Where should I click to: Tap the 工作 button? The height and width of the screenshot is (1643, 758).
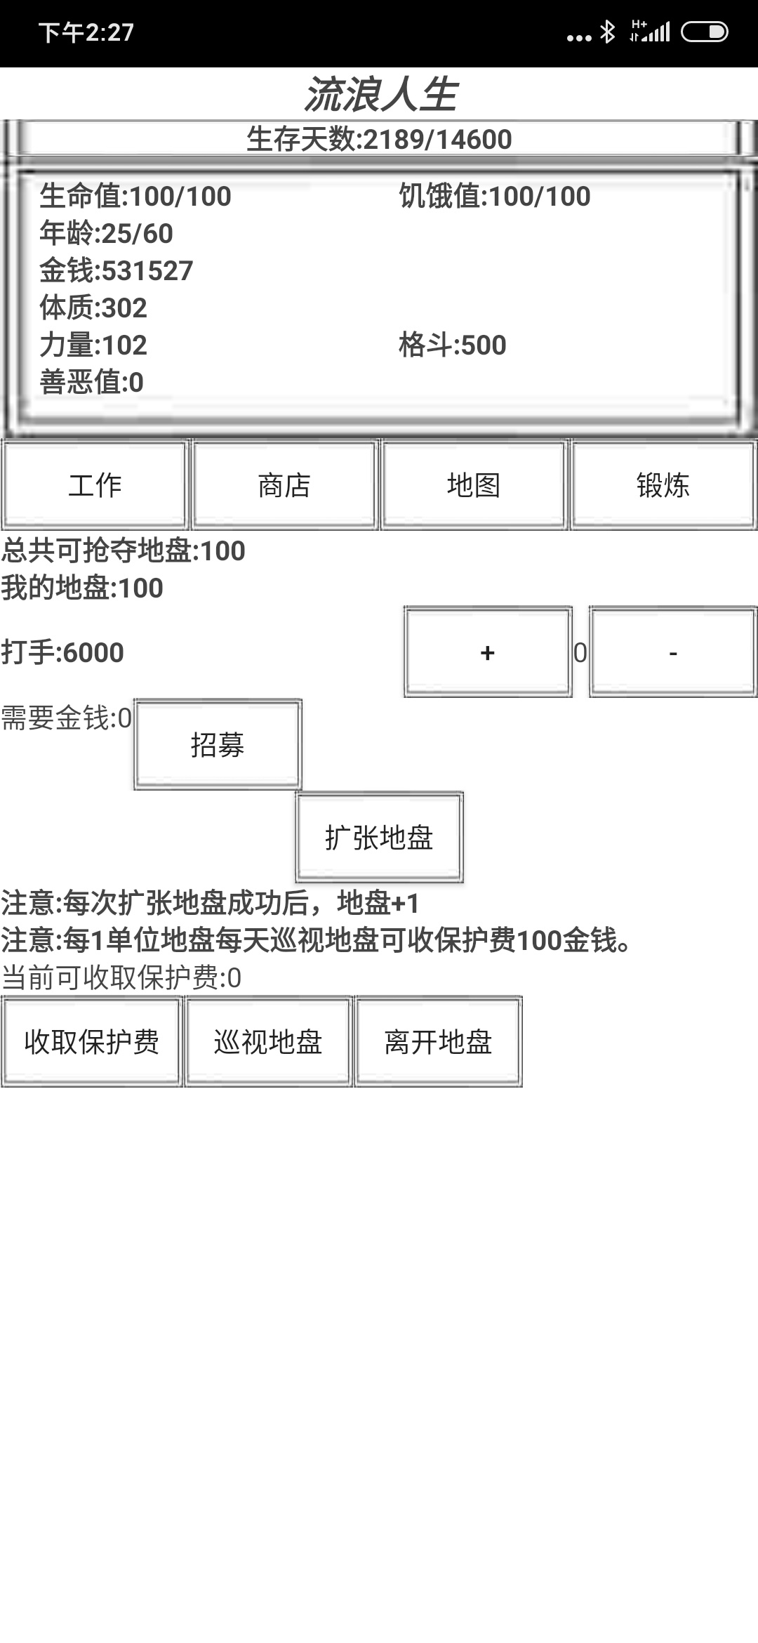click(x=95, y=484)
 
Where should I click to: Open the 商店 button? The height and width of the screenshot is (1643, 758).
click(x=284, y=484)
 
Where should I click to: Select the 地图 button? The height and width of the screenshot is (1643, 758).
click(x=474, y=484)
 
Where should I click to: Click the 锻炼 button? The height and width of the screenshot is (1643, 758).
click(x=663, y=484)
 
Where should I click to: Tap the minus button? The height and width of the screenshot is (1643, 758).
click(x=673, y=652)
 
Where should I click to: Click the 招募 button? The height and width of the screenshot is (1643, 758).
click(x=218, y=744)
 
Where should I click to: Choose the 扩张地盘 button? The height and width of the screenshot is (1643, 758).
click(x=379, y=838)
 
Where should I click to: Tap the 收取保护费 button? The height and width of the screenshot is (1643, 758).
click(x=92, y=1041)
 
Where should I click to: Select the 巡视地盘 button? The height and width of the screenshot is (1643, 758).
click(x=268, y=1041)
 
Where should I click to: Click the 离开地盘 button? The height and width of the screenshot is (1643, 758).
click(x=438, y=1041)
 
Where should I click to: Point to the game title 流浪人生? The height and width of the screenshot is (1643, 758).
click(x=380, y=95)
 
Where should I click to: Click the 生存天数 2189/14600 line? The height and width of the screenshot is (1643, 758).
click(x=379, y=139)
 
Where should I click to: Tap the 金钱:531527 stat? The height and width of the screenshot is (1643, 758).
click(x=116, y=271)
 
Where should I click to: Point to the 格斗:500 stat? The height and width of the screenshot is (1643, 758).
click(x=452, y=345)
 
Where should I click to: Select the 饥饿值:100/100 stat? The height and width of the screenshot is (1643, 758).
click(x=495, y=197)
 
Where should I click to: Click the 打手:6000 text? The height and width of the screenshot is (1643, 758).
click(x=62, y=653)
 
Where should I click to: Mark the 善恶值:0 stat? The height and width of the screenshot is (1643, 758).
click(x=91, y=383)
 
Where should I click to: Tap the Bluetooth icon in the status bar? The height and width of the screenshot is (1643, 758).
click(x=607, y=32)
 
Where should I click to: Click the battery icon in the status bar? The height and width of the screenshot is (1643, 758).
click(x=705, y=32)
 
